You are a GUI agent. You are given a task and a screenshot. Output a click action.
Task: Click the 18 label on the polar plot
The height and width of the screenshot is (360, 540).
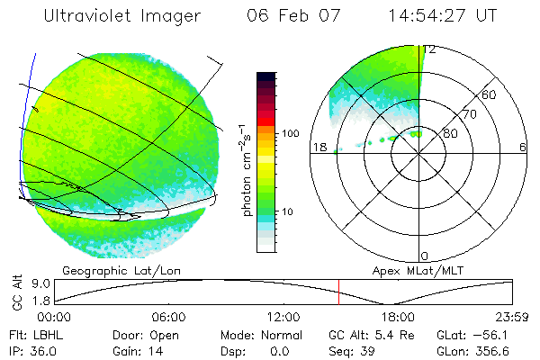tap(318, 147)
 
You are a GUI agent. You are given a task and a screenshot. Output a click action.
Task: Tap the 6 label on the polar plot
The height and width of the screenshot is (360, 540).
tap(523, 147)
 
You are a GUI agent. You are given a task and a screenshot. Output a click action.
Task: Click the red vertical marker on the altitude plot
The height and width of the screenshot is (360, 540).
tap(338, 292)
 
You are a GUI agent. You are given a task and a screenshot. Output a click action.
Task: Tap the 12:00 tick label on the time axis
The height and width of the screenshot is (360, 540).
tap(283, 318)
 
